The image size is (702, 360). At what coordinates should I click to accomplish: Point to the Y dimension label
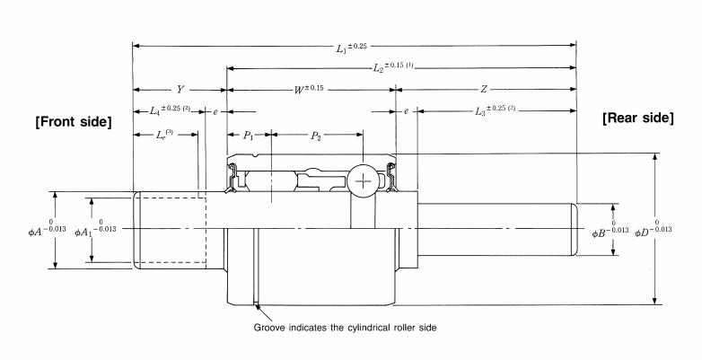pyautogui.click(x=180, y=90)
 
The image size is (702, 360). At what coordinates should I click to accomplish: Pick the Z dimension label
pyautogui.click(x=484, y=90)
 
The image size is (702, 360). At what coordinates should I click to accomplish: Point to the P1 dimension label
pyautogui.click(x=249, y=135)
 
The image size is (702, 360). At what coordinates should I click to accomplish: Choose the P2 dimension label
pyautogui.click(x=316, y=135)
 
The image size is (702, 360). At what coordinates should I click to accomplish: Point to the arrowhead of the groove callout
pyautogui.click(x=258, y=308)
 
